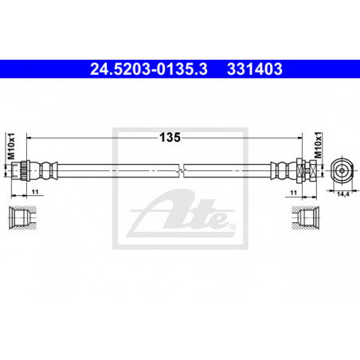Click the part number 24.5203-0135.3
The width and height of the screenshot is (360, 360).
tap(149, 69)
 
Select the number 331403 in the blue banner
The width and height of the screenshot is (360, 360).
tap(255, 69)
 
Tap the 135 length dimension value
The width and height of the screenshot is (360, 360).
tap(170, 137)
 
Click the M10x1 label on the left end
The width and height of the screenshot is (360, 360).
tap(11, 147)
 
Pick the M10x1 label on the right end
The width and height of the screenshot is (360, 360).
tap(318, 145)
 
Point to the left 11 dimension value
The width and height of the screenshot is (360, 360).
tap(35, 192)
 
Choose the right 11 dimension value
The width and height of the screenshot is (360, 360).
tap(293, 193)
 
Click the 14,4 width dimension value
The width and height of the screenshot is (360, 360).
tap(342, 194)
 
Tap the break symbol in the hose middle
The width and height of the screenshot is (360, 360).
tap(182, 170)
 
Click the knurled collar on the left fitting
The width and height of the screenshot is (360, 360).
tap(25, 170)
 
